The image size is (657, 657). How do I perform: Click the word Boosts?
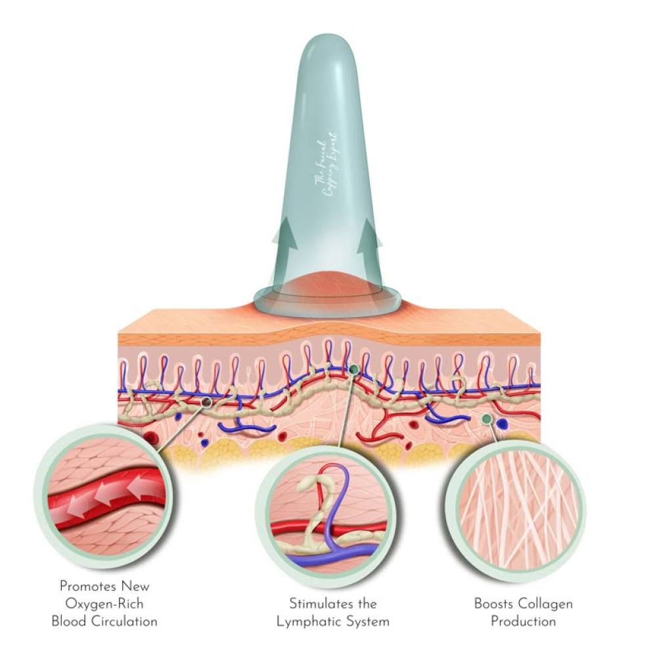click(x=494, y=603)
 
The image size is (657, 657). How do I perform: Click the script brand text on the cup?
click(x=328, y=164)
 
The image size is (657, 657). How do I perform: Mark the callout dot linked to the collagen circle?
click(x=486, y=419)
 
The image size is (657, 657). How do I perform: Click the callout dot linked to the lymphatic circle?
click(x=354, y=370)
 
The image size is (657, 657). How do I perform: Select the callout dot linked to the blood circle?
click(x=207, y=401)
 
